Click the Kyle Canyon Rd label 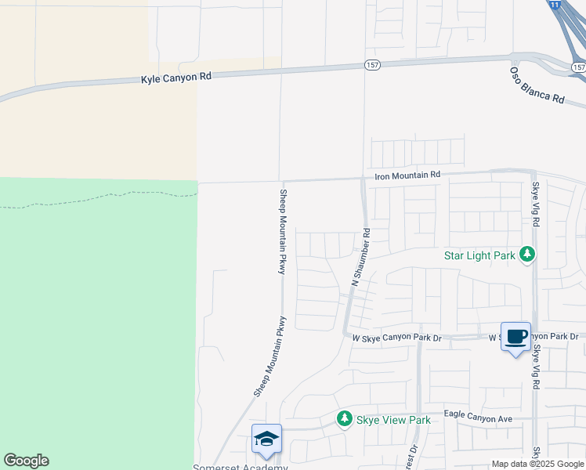pos(176,78)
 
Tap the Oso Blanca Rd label pos(537,85)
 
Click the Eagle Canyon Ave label pos(477,419)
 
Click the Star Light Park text pos(479,255)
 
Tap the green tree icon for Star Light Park pos(528,255)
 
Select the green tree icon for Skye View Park pos(344,419)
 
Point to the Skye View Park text pos(393,420)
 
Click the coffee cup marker pos(515,337)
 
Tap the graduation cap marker pos(266,439)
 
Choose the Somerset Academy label pos(241,467)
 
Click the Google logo pos(26,461)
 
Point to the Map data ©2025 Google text pos(537,464)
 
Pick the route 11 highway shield pos(555,4)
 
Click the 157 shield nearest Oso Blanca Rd pos(578,68)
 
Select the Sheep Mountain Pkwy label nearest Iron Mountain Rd pos(283,231)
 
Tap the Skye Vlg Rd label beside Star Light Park pos(537,204)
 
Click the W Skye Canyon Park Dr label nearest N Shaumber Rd pos(397,338)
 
